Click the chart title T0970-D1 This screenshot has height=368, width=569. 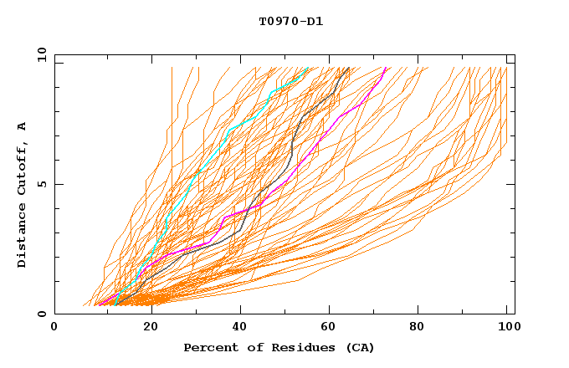click(290, 22)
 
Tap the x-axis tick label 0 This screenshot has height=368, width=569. click(54, 328)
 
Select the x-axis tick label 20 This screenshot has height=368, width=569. click(151, 328)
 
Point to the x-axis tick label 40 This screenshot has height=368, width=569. click(241, 328)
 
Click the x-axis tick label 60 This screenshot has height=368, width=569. click(332, 328)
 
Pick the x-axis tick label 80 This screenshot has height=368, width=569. click(423, 328)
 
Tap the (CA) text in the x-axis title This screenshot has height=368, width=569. click(357, 348)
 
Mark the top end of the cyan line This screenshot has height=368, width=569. click(310, 68)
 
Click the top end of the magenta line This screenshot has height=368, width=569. click(385, 68)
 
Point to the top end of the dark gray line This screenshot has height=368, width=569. click(348, 68)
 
